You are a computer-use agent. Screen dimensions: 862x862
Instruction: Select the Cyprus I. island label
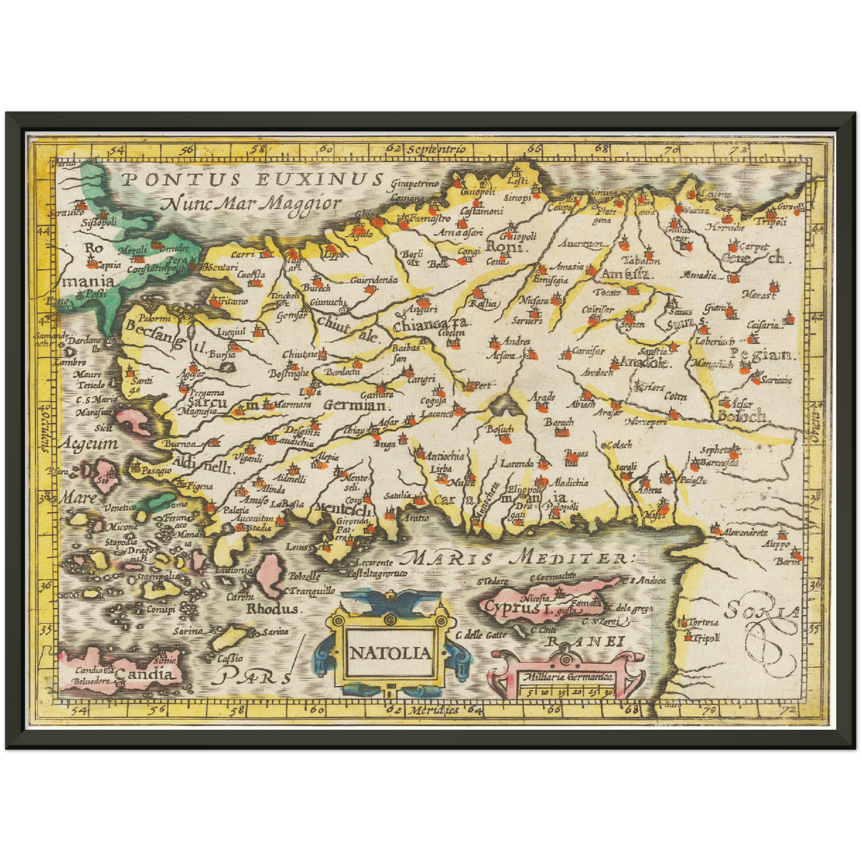(x=511, y=607)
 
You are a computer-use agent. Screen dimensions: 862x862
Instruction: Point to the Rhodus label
(x=272, y=609)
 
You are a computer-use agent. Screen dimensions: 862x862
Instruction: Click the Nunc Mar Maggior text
(x=251, y=204)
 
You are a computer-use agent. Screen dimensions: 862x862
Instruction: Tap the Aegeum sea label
(x=88, y=444)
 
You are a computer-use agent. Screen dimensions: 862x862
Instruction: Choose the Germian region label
(x=356, y=406)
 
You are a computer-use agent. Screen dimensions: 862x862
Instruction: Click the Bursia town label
(x=221, y=354)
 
